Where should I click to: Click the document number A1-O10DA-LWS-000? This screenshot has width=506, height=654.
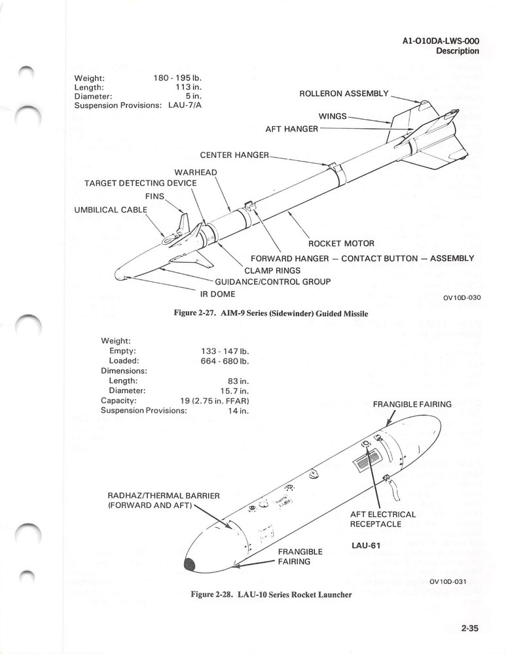(x=441, y=41)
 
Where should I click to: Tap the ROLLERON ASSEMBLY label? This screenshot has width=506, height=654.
(x=344, y=94)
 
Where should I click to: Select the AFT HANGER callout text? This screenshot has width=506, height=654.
(x=291, y=129)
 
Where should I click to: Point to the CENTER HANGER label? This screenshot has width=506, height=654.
(x=234, y=155)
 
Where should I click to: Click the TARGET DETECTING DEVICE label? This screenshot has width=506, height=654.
(x=140, y=183)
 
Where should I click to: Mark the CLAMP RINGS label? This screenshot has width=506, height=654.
(x=272, y=270)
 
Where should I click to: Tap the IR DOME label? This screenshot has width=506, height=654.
(x=217, y=294)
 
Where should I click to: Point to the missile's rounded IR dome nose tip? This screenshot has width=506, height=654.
(x=118, y=276)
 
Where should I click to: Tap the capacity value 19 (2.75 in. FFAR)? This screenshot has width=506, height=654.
(x=215, y=400)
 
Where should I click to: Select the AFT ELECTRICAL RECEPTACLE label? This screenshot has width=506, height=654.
(x=383, y=519)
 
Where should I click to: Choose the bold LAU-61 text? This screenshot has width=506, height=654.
(x=367, y=545)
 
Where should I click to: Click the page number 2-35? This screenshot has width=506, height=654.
(x=470, y=630)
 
